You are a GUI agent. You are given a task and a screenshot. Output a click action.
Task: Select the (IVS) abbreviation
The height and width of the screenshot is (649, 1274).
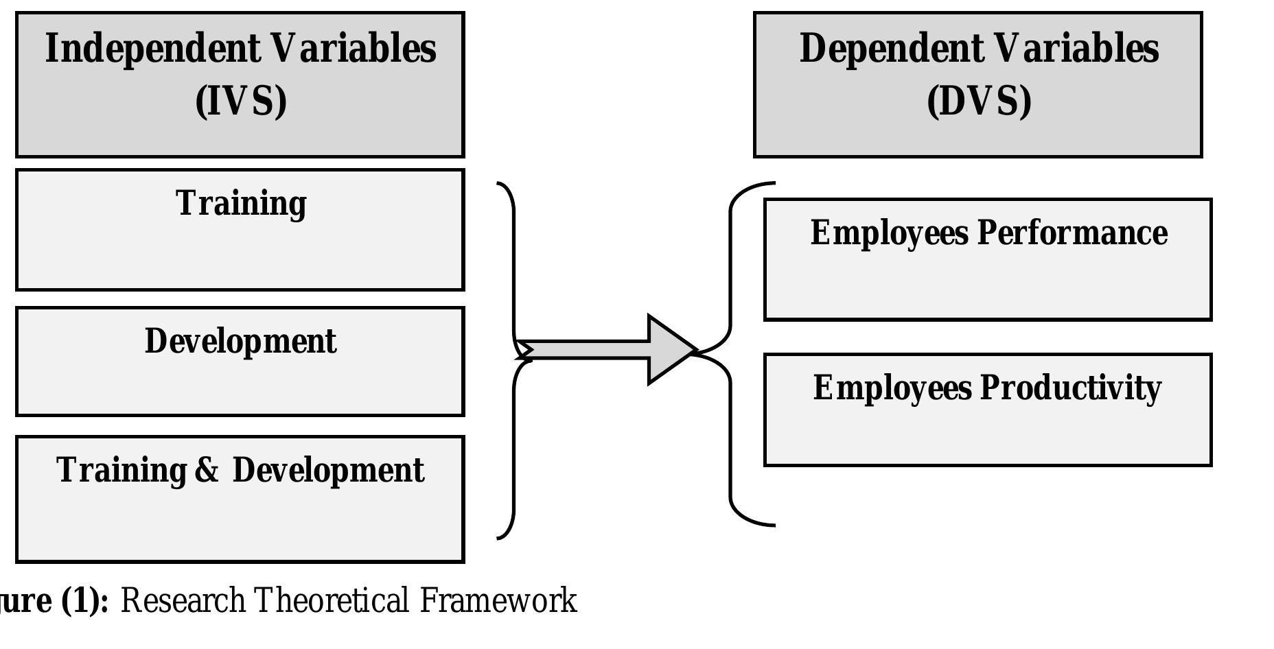pos(241,102)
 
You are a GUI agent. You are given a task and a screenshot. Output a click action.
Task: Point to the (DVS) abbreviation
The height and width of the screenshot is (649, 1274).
pos(979,102)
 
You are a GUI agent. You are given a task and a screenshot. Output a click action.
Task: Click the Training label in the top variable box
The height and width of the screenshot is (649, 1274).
pos(241,204)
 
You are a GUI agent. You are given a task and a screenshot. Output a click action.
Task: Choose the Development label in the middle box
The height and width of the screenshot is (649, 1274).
pos(241,341)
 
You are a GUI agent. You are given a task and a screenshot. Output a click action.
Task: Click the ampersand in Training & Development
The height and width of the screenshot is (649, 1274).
pos(207,471)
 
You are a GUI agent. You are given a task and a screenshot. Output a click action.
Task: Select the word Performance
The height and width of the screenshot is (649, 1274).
pos(1072,233)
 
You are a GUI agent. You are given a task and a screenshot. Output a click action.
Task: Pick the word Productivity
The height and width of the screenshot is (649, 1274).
pos(1070,388)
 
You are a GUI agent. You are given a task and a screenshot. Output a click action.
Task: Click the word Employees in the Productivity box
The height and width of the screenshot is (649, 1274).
pos(892,388)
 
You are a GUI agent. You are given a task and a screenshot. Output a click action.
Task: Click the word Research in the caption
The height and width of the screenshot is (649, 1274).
pos(183,601)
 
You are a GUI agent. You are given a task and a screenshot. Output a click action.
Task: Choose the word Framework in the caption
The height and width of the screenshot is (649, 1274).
pos(498,601)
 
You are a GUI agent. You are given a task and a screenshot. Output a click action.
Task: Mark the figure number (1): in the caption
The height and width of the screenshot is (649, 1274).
pos(85,601)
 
